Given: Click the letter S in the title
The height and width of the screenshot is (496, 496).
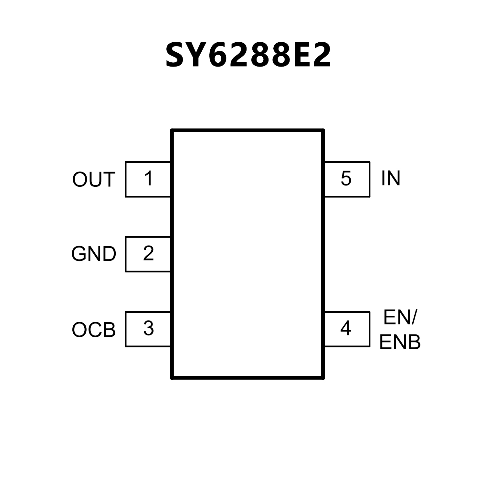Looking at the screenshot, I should [177, 55].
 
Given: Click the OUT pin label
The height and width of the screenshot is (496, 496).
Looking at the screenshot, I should [93, 180].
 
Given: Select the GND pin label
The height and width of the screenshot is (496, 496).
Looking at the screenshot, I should [93, 254].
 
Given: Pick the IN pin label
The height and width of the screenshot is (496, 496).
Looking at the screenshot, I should [391, 178].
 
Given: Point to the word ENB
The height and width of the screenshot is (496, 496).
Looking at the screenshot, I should [400, 343].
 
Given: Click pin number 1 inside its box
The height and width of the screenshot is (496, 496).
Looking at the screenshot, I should [149, 178].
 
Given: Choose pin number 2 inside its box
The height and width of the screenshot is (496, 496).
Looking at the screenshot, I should [149, 254].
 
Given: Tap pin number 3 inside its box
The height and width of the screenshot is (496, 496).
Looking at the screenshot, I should [149, 329].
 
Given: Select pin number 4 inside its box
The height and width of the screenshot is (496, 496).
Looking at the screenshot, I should [346, 329].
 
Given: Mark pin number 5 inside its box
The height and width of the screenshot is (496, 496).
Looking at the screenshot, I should [346, 178].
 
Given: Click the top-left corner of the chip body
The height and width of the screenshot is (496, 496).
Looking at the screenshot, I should [172, 130].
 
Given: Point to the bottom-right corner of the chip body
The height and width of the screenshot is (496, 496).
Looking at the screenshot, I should [323, 377].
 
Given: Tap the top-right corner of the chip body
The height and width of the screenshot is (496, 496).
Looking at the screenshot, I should [323, 130].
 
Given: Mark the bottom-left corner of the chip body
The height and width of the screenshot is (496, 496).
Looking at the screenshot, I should [172, 377].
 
